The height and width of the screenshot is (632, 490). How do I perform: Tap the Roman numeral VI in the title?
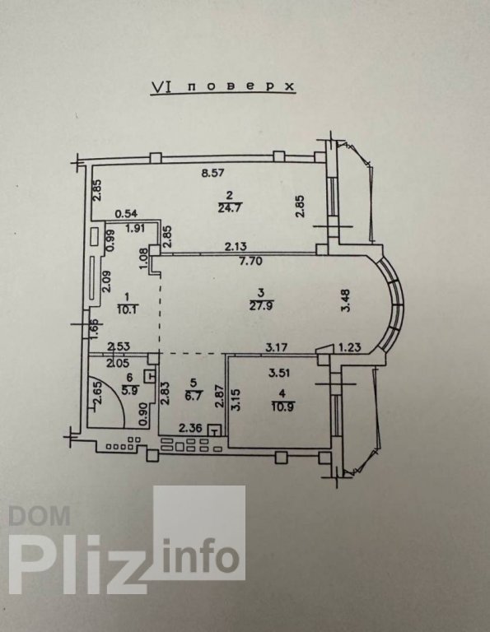161,86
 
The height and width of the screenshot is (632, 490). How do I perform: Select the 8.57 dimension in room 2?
212,174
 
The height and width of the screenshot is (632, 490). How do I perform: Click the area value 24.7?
229,208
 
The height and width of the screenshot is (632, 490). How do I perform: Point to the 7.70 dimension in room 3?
250,261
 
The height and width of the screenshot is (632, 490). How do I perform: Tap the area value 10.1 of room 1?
127,310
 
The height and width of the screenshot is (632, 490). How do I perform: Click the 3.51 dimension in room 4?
279,373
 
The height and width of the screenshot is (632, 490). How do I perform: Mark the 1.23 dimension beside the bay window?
349,347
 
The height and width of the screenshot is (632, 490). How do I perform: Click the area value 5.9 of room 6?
129,389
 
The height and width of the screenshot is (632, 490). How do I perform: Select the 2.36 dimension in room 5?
189,428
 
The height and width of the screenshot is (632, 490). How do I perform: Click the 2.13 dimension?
236,246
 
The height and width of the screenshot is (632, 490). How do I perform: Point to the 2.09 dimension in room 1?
105,281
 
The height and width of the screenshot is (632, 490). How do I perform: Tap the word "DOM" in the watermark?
40,516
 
